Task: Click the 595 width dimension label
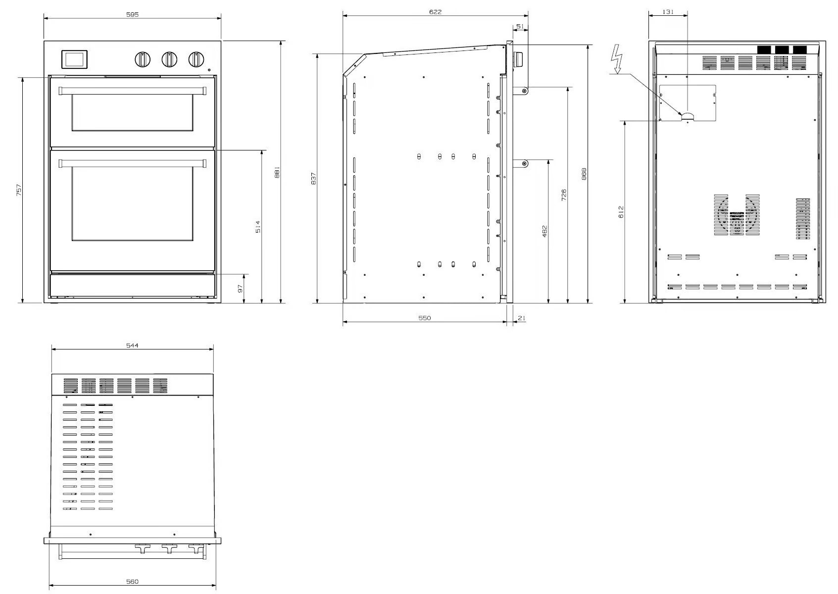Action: click(x=133, y=14)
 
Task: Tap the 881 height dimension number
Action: click(x=277, y=172)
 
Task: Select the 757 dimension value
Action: click(x=19, y=190)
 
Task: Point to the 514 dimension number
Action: click(x=258, y=227)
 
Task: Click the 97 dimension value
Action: click(x=241, y=289)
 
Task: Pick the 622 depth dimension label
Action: click(x=435, y=12)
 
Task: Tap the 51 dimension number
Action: click(x=520, y=27)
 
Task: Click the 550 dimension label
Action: click(x=425, y=318)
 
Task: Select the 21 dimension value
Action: click(x=522, y=318)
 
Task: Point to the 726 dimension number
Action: click(x=564, y=195)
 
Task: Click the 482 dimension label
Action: click(x=544, y=231)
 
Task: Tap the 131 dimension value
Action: click(x=668, y=12)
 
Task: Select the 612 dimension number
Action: click(x=621, y=212)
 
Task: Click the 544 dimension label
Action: click(x=132, y=346)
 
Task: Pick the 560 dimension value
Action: click(x=132, y=582)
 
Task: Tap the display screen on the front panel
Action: click(x=74, y=60)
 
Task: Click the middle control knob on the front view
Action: click(x=169, y=59)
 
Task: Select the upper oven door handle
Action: click(x=133, y=91)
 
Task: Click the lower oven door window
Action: click(x=133, y=204)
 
